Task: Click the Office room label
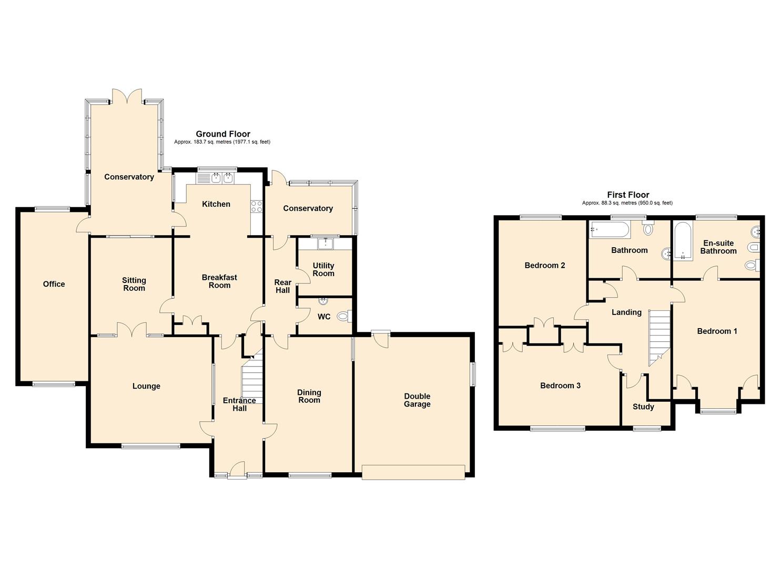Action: click(x=54, y=284)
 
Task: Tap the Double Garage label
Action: click(x=417, y=400)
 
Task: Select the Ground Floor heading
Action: click(x=223, y=134)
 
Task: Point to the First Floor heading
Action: click(x=628, y=195)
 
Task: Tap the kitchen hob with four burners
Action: click(x=257, y=206)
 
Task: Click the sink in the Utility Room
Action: click(x=326, y=244)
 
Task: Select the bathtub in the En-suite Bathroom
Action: click(x=682, y=242)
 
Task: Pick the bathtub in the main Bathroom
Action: click(x=610, y=230)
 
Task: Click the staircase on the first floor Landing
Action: click(x=659, y=337)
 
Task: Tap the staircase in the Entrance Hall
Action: click(x=252, y=377)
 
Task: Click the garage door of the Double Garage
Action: click(x=413, y=472)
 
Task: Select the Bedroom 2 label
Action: click(x=545, y=266)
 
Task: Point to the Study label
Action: click(x=643, y=407)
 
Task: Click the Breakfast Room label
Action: click(x=219, y=281)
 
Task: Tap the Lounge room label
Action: click(x=146, y=386)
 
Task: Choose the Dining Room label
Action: click(x=309, y=397)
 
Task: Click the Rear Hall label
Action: click(x=283, y=286)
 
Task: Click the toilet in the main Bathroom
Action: click(x=648, y=229)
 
